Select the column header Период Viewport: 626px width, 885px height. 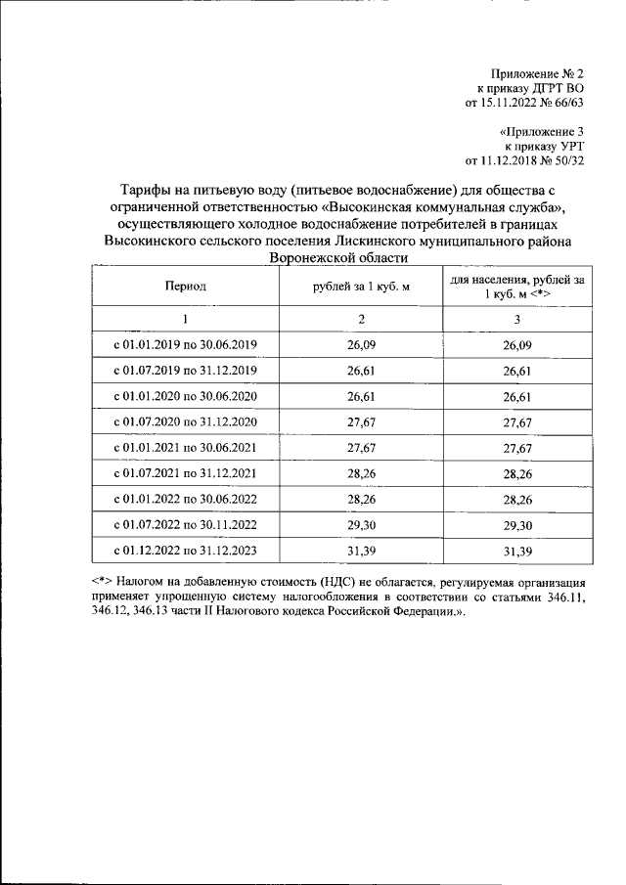tap(185, 287)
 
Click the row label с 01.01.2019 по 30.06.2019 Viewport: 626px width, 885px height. tap(185, 345)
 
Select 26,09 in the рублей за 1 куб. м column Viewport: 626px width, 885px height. tap(361, 345)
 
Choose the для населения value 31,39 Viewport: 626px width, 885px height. tap(516, 551)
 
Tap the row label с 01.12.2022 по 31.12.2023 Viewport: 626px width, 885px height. tap(185, 551)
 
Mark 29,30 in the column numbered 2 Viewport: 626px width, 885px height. tap(361, 525)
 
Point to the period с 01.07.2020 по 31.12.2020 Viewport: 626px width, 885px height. tap(185, 422)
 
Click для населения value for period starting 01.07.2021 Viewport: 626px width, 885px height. tap(516, 473)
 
